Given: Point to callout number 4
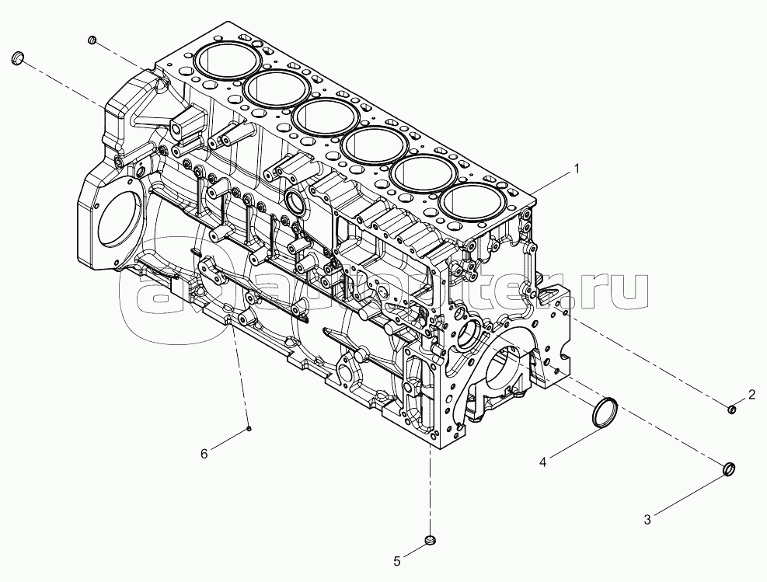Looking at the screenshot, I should point(543,462).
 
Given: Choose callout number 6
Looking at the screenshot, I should point(204,454).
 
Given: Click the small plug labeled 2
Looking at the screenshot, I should point(731,409).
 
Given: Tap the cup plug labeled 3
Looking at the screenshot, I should point(729,469).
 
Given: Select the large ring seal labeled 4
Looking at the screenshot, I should point(605,411).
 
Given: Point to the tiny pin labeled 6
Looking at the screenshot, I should point(249,427).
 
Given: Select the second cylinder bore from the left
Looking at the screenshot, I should point(273,89).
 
